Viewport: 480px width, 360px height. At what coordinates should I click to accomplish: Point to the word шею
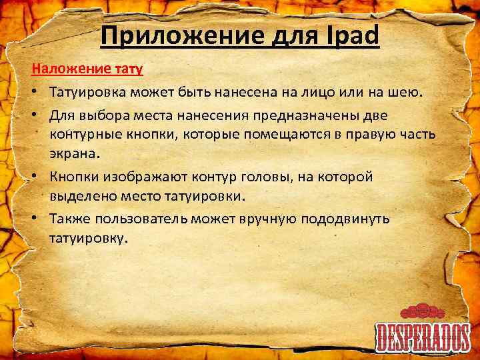(408, 93)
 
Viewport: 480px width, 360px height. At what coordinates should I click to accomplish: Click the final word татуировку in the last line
(87, 238)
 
